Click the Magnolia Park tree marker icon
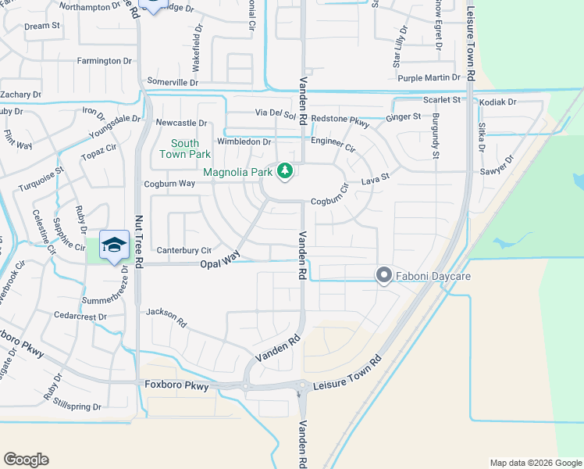pos(286,170)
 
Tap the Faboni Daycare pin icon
pos(383,275)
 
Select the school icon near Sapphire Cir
pos(114,244)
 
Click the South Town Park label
pos(185,149)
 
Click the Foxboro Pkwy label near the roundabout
pos(177,385)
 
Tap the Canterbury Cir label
pos(184,250)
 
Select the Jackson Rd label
pos(166,317)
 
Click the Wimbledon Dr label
pos(244,142)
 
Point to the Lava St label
pos(375,181)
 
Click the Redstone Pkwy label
pos(340,119)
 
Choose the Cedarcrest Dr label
pos(79,316)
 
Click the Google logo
pos(26,460)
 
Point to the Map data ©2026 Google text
pos(535,463)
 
